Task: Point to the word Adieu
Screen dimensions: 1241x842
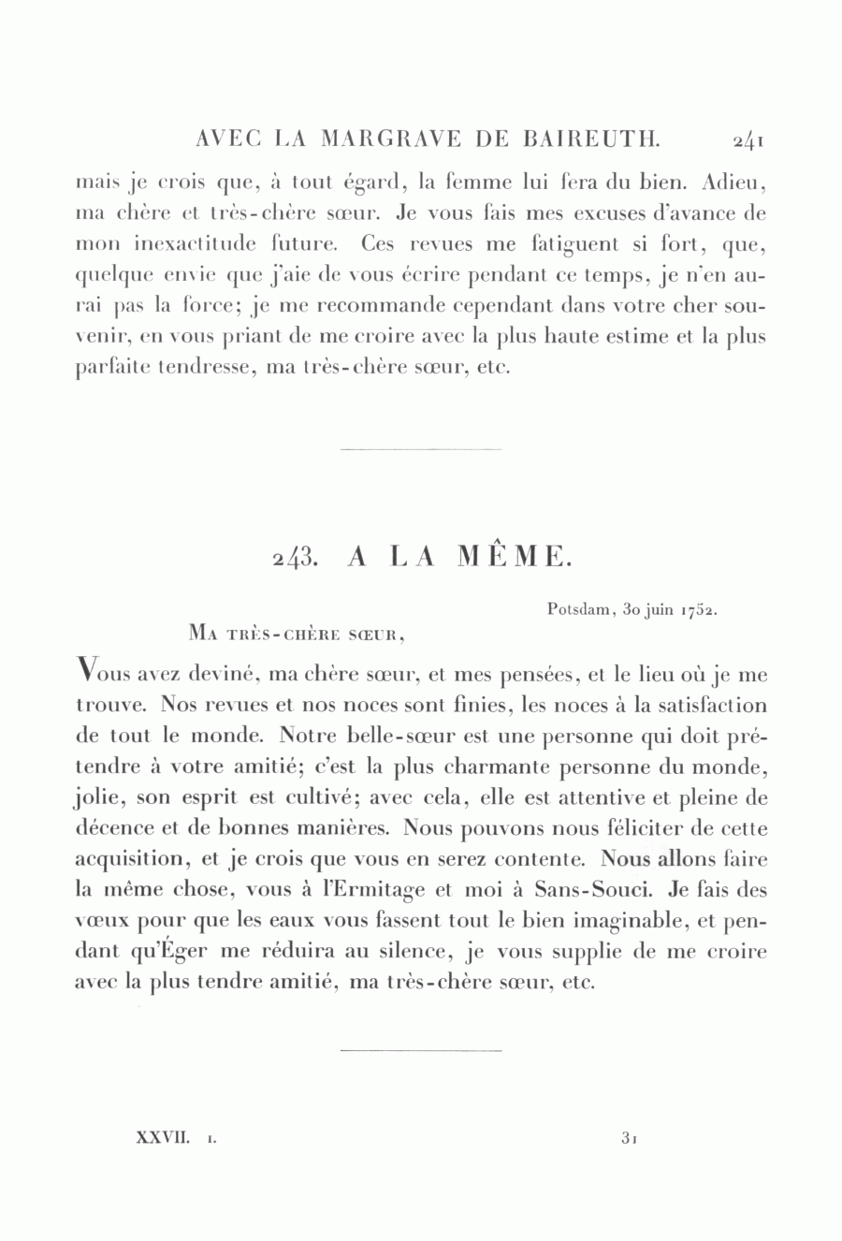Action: (x=733, y=182)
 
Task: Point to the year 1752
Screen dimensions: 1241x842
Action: (x=699, y=609)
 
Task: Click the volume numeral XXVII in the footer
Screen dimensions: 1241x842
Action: (x=163, y=1138)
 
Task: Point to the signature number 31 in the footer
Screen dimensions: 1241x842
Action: (x=628, y=1138)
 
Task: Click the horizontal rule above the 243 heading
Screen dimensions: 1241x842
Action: (x=421, y=449)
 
